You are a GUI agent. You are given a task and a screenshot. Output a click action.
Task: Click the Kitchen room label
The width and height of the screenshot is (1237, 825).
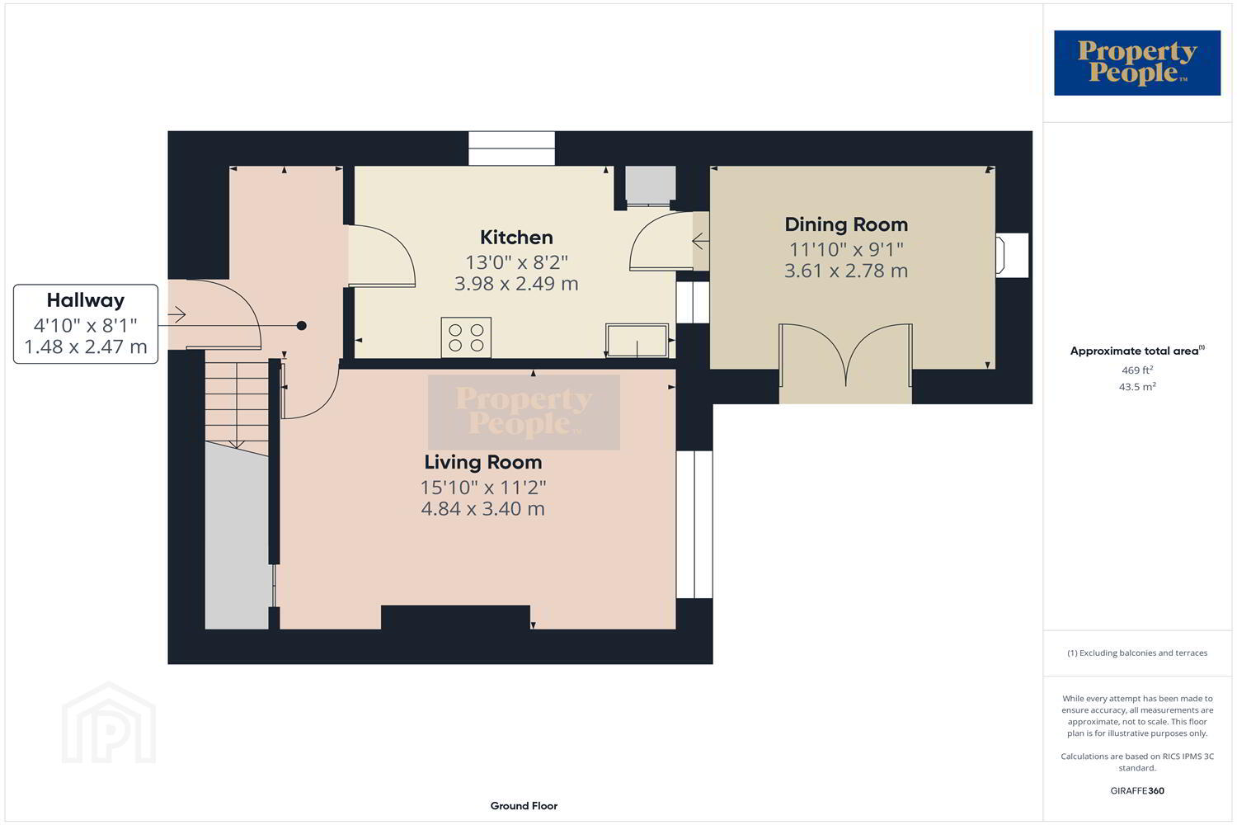click(516, 237)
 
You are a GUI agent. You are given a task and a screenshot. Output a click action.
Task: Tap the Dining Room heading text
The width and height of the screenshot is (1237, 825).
click(846, 224)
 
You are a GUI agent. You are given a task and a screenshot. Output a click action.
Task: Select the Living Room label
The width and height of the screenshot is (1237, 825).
click(483, 462)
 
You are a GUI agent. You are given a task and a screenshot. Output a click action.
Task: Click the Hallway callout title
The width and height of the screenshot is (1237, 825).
click(86, 300)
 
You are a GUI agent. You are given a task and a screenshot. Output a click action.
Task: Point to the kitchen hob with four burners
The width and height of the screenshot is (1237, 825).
click(466, 337)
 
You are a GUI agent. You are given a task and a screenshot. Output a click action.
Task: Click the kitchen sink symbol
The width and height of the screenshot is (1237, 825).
click(637, 341)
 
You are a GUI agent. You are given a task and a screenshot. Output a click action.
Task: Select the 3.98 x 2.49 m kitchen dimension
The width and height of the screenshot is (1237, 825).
click(516, 284)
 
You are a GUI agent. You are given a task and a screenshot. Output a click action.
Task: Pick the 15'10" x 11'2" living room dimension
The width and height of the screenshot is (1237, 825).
click(483, 488)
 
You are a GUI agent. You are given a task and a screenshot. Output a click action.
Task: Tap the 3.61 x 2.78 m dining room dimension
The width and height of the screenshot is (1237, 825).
click(846, 271)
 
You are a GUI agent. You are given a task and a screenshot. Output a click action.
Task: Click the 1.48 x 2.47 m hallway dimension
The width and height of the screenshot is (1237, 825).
click(86, 347)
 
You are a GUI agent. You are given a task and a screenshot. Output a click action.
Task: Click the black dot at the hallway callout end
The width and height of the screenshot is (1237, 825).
click(302, 326)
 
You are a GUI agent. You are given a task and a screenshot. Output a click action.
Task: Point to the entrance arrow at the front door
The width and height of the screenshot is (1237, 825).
click(176, 314)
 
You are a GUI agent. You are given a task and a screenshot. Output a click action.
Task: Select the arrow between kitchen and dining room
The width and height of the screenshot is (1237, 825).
click(701, 241)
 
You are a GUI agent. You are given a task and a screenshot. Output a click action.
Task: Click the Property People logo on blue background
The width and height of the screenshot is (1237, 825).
click(1137, 63)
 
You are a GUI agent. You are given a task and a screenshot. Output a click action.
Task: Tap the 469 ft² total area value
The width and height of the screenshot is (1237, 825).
click(1137, 370)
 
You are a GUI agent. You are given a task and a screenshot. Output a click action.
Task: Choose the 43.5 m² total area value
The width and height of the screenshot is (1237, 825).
click(1137, 387)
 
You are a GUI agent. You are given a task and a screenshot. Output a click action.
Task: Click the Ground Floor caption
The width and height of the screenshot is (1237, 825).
click(524, 806)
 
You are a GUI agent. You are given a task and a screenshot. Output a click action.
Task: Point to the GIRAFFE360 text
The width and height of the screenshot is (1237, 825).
click(1137, 790)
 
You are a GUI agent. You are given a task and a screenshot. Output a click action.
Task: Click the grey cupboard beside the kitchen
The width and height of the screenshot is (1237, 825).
click(651, 184)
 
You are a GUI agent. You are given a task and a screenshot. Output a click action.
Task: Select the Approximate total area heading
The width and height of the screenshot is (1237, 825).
click(1137, 351)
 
